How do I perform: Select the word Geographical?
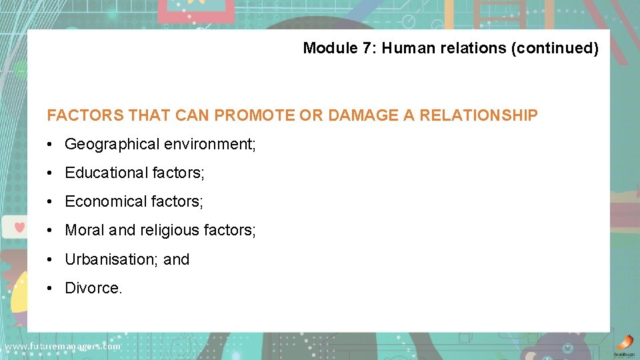pyautogui.click(x=112, y=144)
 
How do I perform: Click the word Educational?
pyautogui.click(x=107, y=173)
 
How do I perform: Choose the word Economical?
pyautogui.click(x=106, y=201)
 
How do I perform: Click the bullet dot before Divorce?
pyautogui.click(x=51, y=288)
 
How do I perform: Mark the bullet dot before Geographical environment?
pyautogui.click(x=51, y=144)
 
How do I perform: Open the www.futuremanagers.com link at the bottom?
pyautogui.click(x=63, y=347)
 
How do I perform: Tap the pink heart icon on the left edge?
pyautogui.click(x=19, y=227)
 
